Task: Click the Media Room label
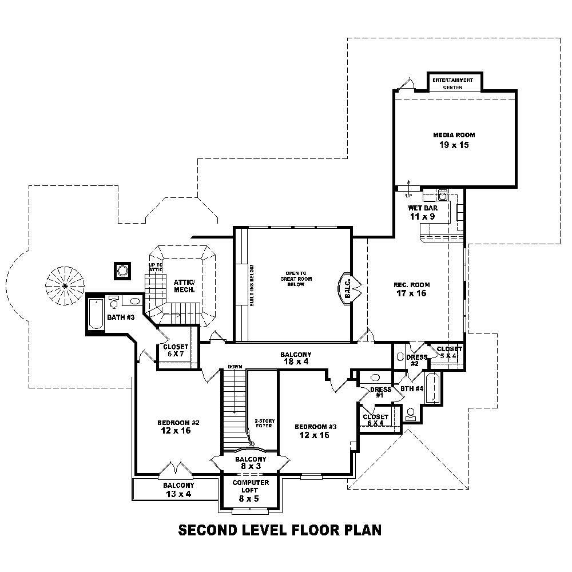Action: pos(454,140)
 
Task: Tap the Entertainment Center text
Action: pos(452,84)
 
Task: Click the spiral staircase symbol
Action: pos(65,284)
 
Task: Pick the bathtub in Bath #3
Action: pos(96,314)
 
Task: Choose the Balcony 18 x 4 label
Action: pos(296,358)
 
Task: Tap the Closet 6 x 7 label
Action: pos(175,350)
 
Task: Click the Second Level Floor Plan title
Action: pos(280,530)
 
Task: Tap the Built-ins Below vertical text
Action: pos(251,285)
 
